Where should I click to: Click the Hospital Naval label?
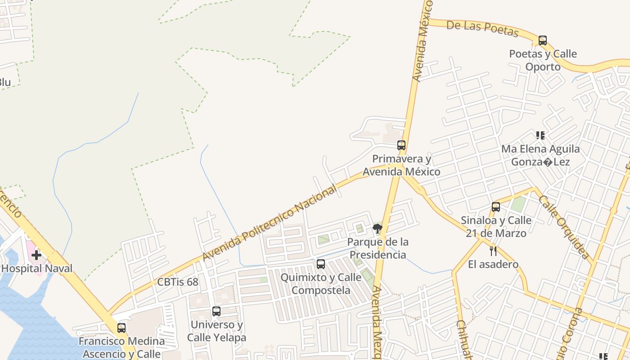(x=37, y=269)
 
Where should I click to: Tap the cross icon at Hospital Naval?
(x=36, y=255)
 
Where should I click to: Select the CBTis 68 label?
(x=178, y=282)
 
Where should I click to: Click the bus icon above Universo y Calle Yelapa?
(x=216, y=311)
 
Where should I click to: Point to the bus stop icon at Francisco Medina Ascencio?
(x=121, y=328)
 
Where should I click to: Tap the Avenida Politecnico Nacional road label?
(x=269, y=224)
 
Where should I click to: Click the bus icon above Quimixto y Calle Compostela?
(x=321, y=264)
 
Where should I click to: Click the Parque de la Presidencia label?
(x=378, y=248)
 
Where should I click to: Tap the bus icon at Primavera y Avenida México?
(x=401, y=145)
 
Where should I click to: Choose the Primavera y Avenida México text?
(x=401, y=165)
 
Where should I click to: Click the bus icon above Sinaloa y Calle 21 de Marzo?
(x=496, y=207)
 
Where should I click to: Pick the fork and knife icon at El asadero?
(x=493, y=251)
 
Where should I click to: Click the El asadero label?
(x=493, y=264)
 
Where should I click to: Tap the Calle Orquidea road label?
(x=564, y=227)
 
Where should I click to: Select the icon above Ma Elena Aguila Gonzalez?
(x=540, y=135)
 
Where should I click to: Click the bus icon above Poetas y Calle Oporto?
(x=543, y=40)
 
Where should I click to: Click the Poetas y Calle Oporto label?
(x=543, y=60)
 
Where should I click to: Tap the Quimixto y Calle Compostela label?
(x=321, y=283)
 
